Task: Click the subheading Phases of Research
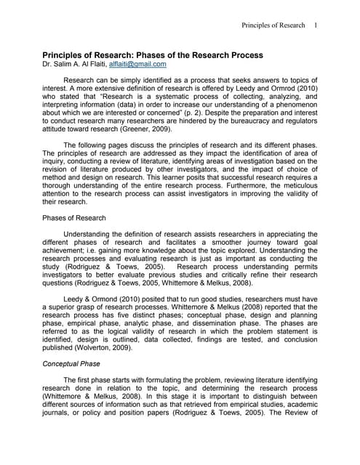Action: pos(75,217)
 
